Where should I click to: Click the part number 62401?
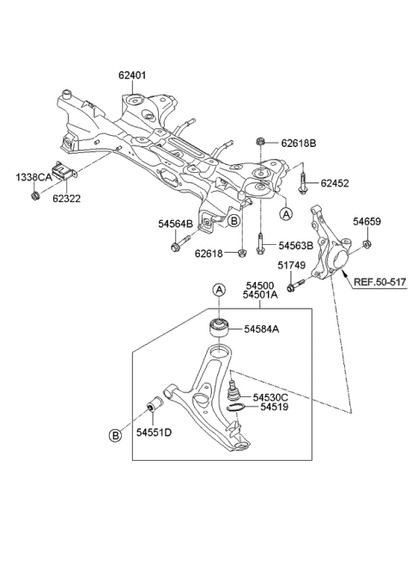(x=132, y=76)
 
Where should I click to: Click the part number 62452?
(x=336, y=183)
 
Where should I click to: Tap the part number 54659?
(x=367, y=222)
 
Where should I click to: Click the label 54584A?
(x=261, y=328)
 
